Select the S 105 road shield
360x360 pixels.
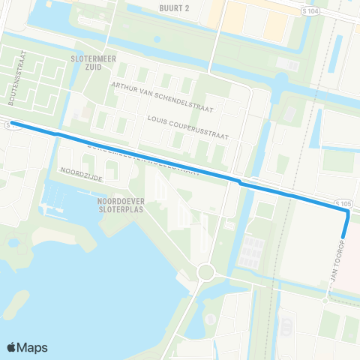click(x=343, y=202)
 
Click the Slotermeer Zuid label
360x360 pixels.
click(x=91, y=61)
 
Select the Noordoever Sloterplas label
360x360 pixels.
click(x=120, y=205)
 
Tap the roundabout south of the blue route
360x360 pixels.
click(x=205, y=271)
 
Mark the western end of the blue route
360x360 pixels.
click(x=12, y=124)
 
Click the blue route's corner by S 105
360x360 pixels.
click(x=348, y=212)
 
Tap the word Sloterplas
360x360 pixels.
click(x=120, y=210)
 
